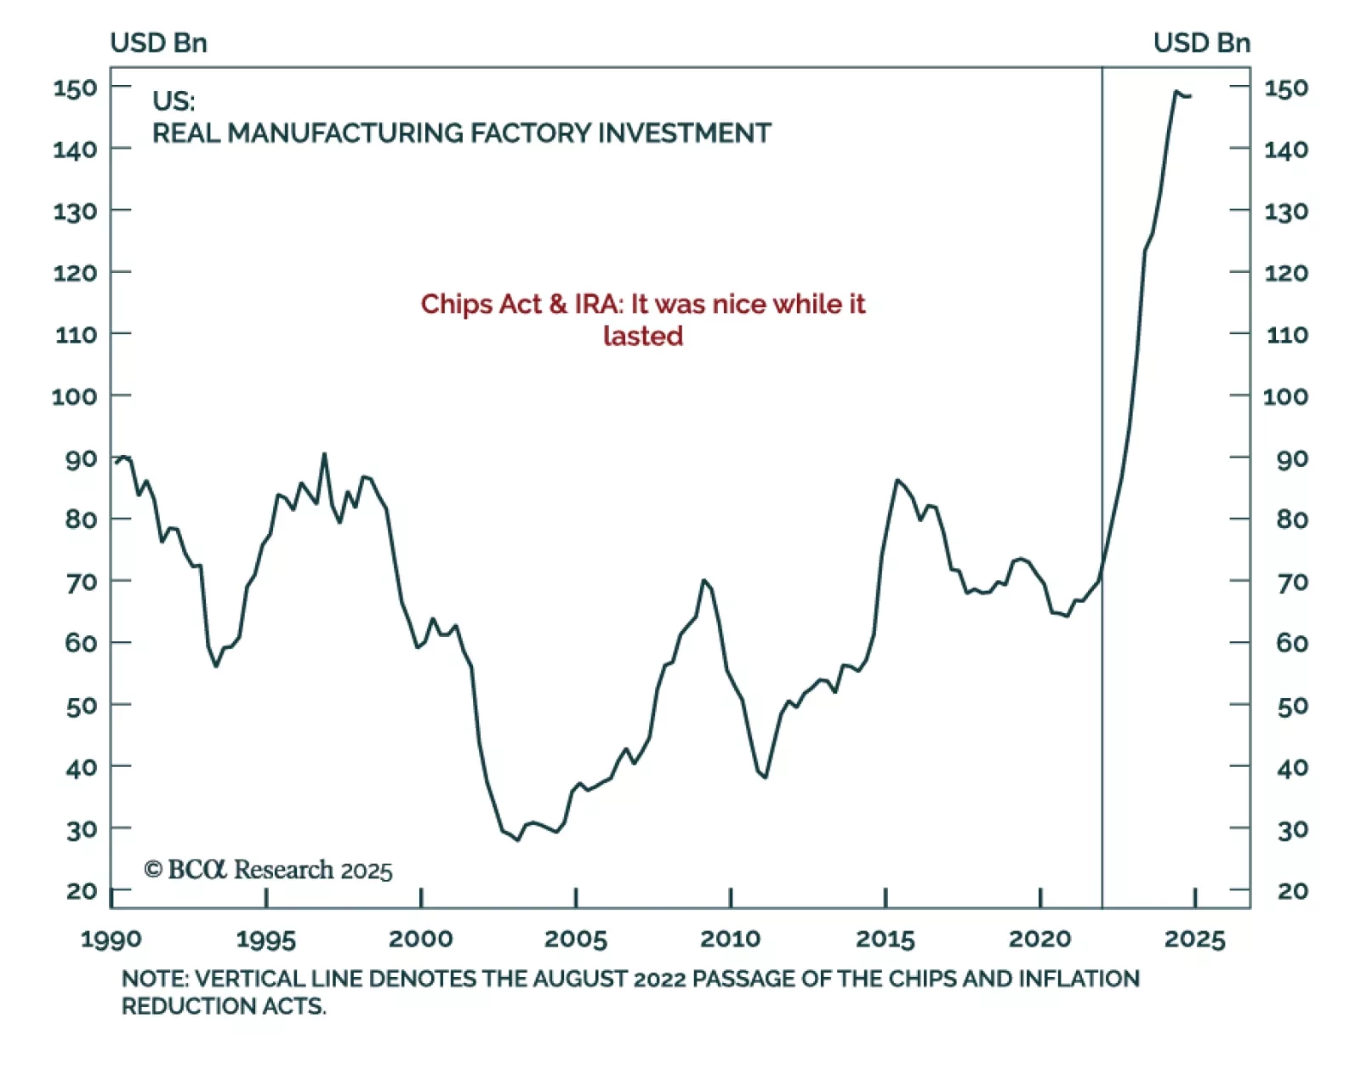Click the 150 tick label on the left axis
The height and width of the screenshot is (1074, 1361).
point(75,88)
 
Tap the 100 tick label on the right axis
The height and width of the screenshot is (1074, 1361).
point(1285,396)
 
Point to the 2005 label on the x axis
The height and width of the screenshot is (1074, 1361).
point(576,939)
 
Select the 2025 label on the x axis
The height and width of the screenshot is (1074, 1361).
point(1194,939)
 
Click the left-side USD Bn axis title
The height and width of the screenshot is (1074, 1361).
point(159,43)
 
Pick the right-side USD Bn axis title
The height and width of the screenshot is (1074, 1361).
point(1201,43)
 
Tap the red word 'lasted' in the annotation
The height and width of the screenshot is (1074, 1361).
point(643,336)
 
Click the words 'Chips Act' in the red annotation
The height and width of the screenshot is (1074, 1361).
point(481,304)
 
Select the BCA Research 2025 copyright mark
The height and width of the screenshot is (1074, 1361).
point(269,870)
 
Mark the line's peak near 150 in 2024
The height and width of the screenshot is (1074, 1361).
point(1176,92)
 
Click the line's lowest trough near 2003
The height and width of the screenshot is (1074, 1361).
point(517,840)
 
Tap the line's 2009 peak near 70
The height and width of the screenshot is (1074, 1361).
point(703,580)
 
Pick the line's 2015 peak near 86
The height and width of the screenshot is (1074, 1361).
point(897,480)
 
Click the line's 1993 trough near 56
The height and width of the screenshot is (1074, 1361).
point(216,666)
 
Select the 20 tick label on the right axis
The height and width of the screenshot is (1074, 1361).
point(1292,891)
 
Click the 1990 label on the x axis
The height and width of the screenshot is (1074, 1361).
point(111,939)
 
